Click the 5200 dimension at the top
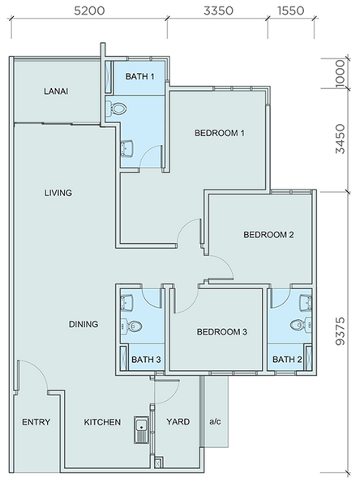tap(89, 11)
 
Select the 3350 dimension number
tap(218, 11)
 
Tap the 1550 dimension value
tap(291, 11)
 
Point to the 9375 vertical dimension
tap(341, 331)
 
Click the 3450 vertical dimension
tap(341, 139)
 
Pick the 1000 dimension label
tap(341, 74)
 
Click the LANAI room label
tap(56, 92)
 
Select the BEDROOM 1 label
tap(220, 133)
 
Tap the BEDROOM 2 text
tap(268, 235)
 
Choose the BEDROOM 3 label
tap(222, 332)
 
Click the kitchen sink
tap(142, 430)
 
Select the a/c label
tap(215, 421)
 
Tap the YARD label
tap(178, 421)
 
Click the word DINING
tap(84, 324)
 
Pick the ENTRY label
tap(36, 422)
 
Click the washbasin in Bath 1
tap(127, 148)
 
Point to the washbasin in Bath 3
tap(127, 302)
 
